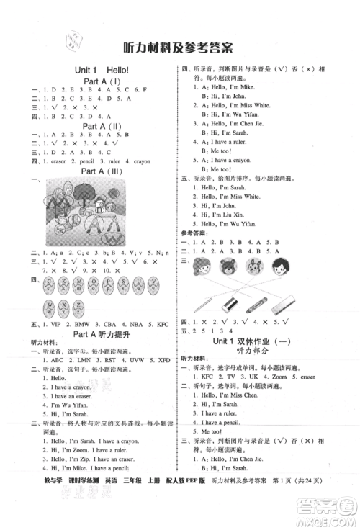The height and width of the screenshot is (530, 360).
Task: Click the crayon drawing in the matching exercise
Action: pos(257,306)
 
